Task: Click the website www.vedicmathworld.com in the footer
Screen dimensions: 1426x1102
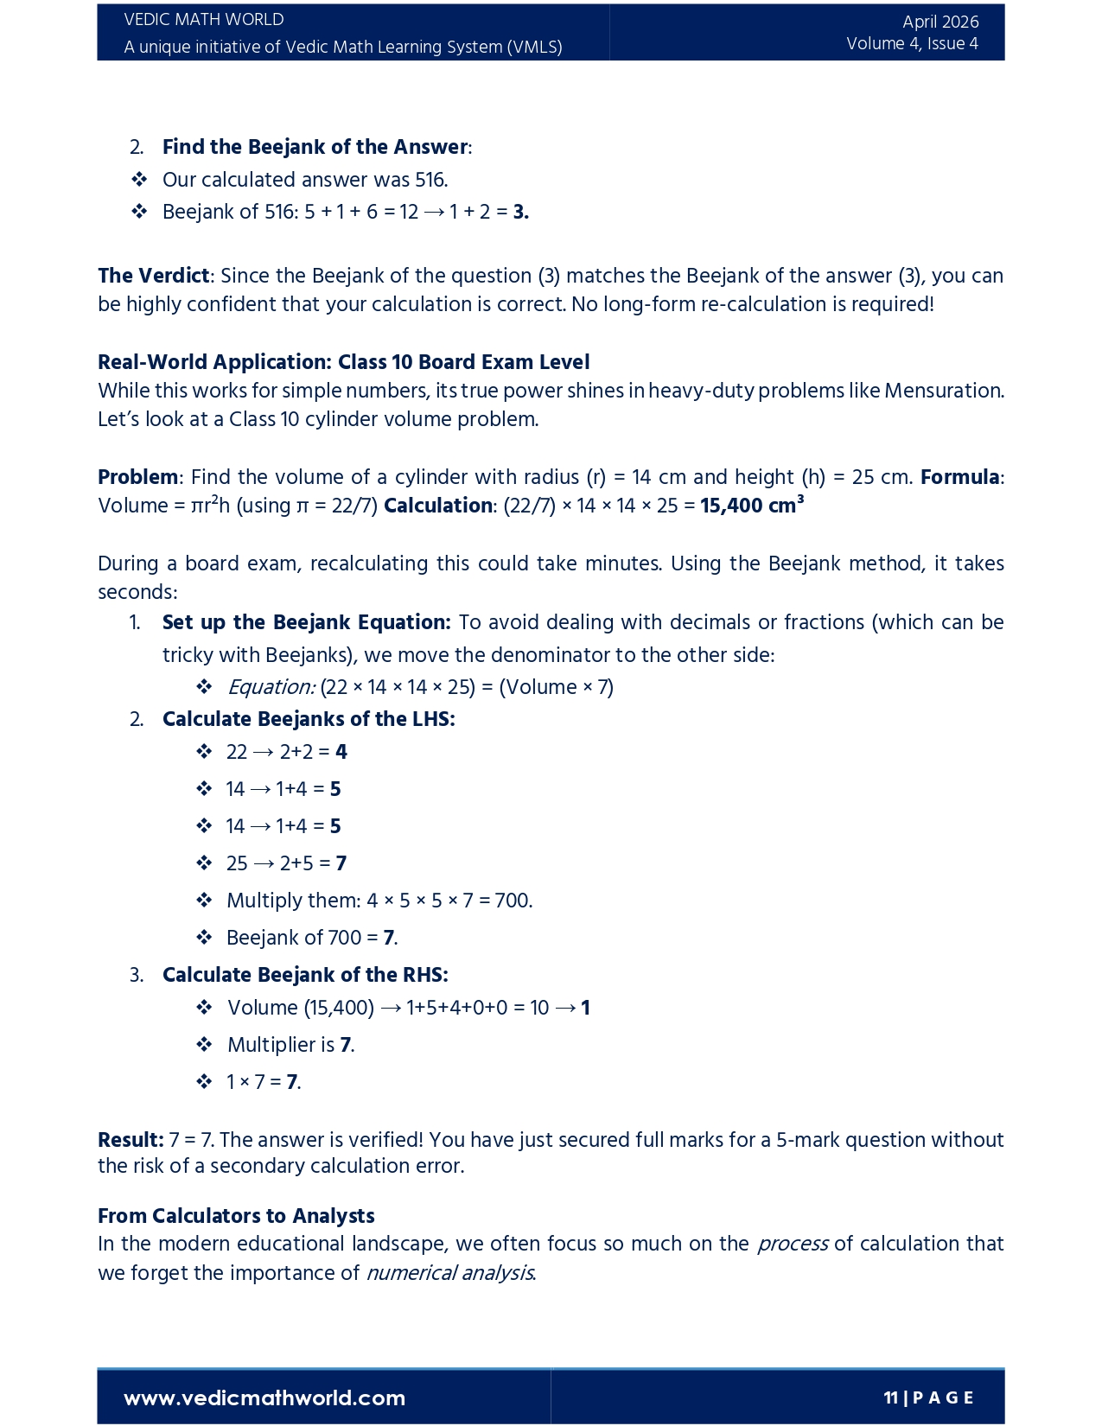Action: tap(264, 1397)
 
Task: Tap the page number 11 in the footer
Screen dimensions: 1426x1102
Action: tap(890, 1397)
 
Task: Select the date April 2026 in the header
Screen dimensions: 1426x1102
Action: tap(940, 22)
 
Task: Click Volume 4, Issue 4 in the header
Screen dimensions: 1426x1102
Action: tap(912, 44)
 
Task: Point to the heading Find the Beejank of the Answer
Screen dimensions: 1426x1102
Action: tap(315, 147)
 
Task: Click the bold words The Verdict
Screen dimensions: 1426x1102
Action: tap(153, 276)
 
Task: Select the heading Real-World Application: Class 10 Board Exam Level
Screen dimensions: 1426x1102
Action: tap(343, 361)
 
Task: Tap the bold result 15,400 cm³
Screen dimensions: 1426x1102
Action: tap(751, 506)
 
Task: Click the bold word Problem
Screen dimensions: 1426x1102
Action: tap(137, 477)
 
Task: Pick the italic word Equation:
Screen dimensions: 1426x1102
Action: tap(271, 687)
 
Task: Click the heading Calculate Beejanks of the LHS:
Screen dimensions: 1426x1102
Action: tap(309, 719)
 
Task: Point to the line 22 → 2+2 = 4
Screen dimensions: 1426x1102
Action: tap(286, 752)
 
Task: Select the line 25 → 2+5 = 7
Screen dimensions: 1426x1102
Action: tap(286, 863)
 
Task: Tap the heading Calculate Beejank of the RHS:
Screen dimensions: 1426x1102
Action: tap(305, 975)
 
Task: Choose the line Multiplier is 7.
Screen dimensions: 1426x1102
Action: tap(290, 1045)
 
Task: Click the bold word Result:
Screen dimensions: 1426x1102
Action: tap(131, 1140)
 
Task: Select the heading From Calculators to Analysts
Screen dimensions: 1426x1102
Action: tap(236, 1216)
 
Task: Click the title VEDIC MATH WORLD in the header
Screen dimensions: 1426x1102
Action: tap(204, 20)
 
